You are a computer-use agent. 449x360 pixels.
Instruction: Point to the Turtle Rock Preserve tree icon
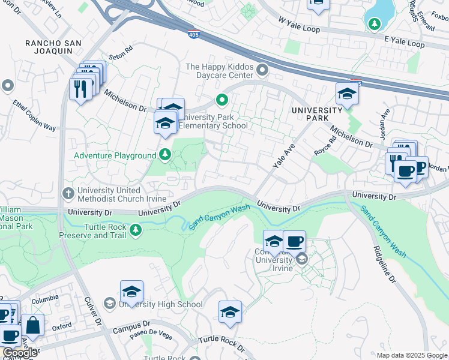(x=136, y=229)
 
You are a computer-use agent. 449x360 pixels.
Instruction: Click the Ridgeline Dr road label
(x=384, y=263)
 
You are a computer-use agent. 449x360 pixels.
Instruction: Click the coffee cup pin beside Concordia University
(x=294, y=241)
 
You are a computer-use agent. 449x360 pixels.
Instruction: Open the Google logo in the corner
(x=19, y=353)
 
